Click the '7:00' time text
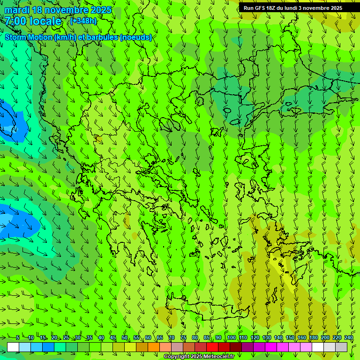point(16,21)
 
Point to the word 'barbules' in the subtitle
point(103,37)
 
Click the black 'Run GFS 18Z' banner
point(299,8)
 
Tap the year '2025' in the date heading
point(100,10)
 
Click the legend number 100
point(231,337)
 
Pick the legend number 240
point(349,337)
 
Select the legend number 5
point(18,337)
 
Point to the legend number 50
point(125,337)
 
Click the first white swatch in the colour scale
point(13,347)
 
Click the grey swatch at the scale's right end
point(341,347)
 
